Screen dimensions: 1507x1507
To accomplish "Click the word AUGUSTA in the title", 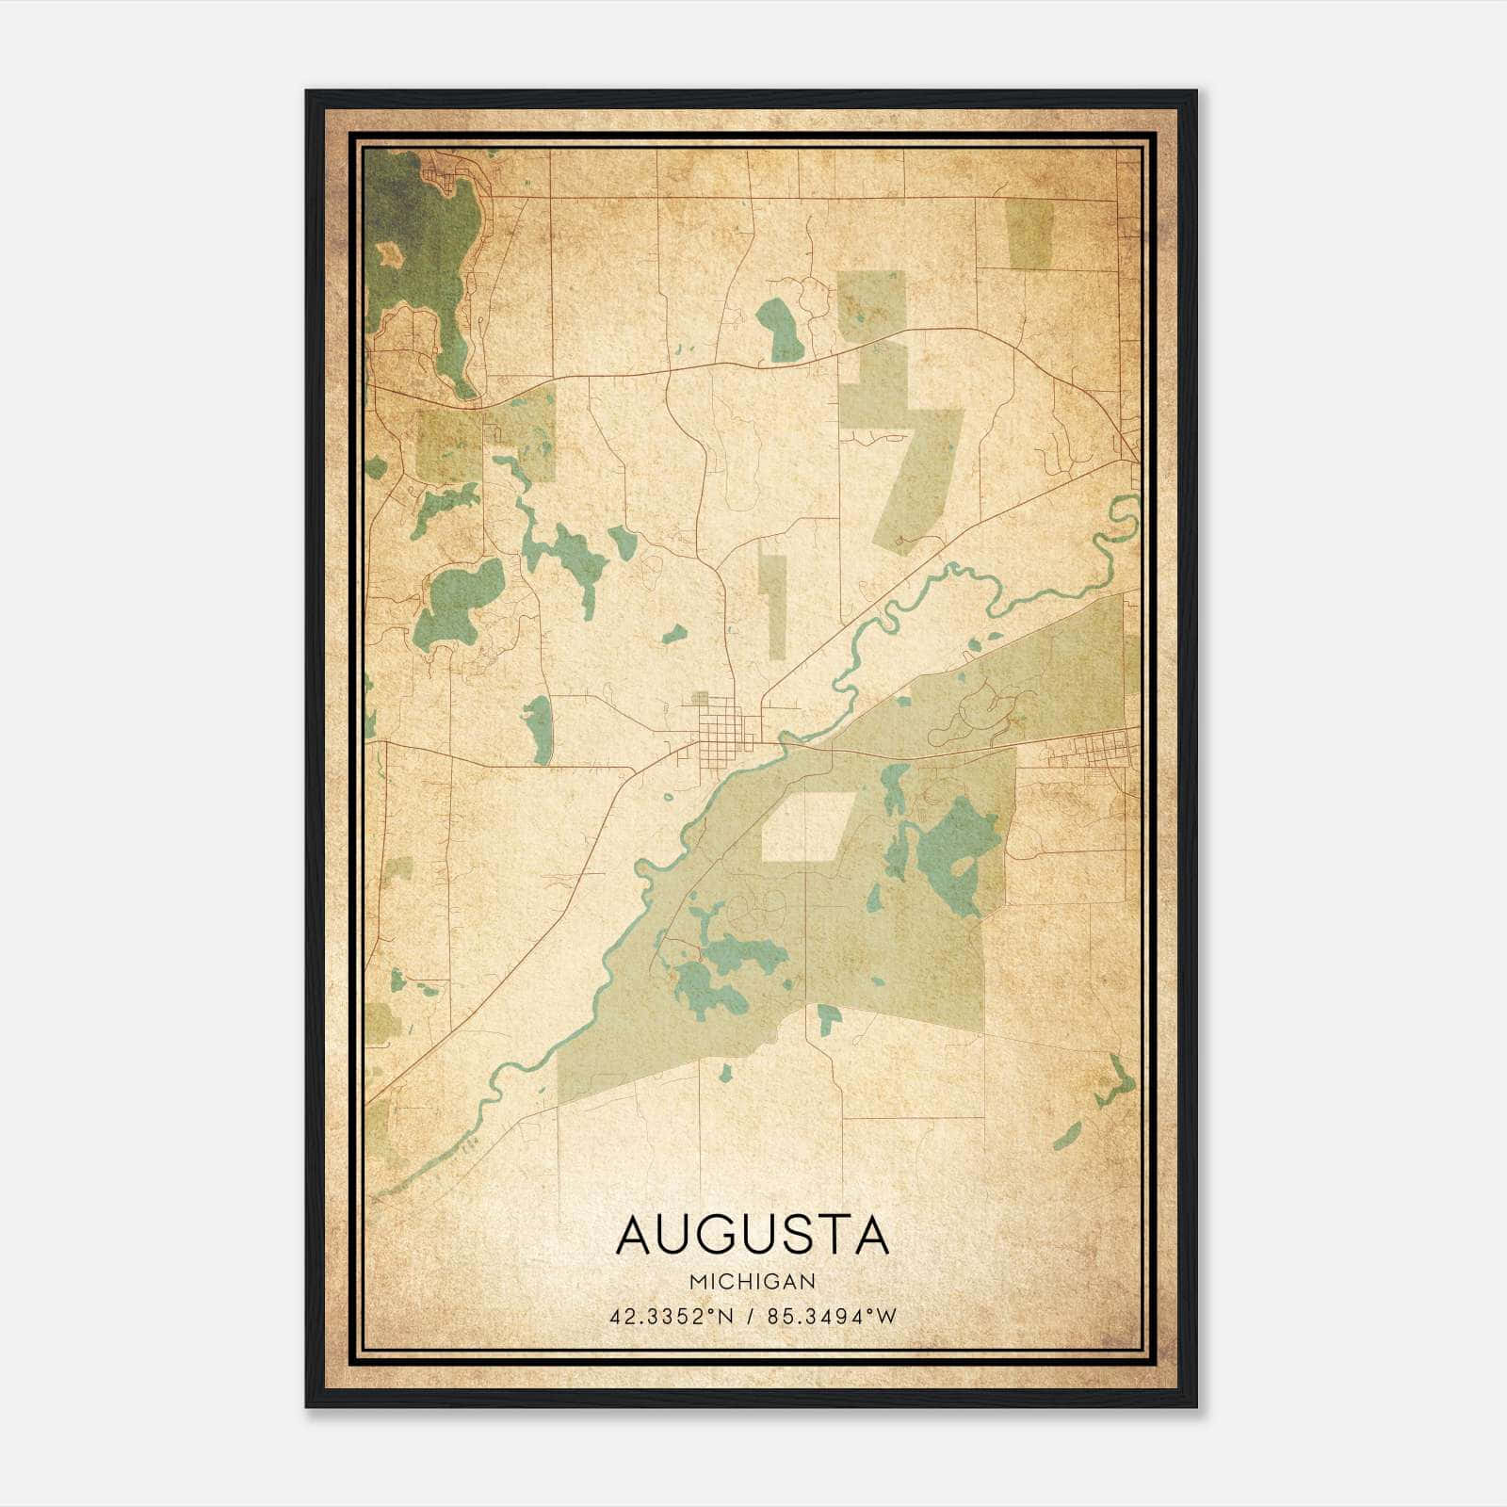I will [x=752, y=1235].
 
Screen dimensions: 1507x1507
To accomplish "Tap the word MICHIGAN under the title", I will [x=753, y=1282].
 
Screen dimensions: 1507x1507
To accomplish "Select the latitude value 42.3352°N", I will [x=670, y=1316].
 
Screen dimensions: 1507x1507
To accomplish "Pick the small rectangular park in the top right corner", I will [x=1030, y=233].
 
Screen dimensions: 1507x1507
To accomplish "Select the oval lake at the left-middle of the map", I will [x=460, y=603].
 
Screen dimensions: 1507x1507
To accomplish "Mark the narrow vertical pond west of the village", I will [x=539, y=729].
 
